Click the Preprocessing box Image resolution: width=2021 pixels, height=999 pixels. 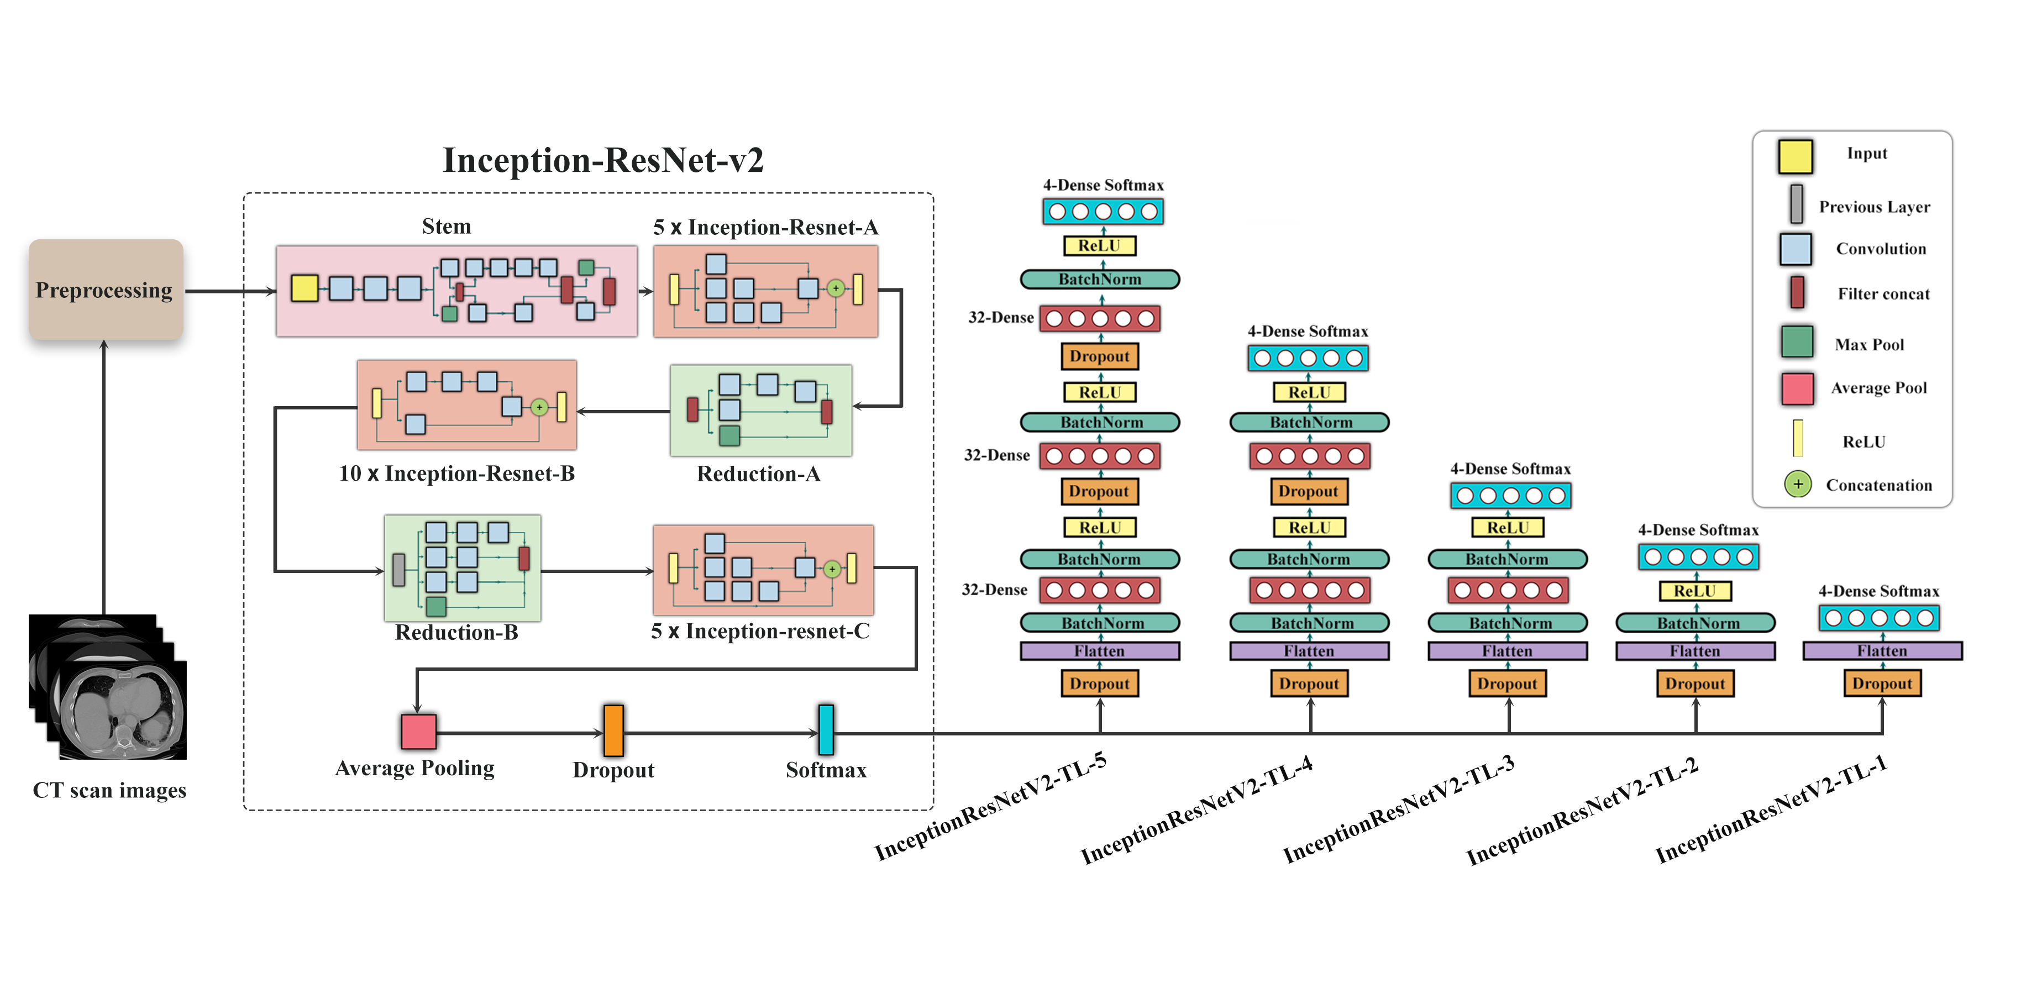pyautogui.click(x=105, y=290)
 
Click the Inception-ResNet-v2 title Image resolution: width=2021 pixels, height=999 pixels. pyautogui.click(x=602, y=160)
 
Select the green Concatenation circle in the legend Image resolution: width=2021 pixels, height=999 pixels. pyautogui.click(x=1797, y=484)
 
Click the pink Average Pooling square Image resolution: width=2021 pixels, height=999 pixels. pyautogui.click(x=418, y=732)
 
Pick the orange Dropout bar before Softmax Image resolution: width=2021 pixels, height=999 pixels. pyautogui.click(x=613, y=730)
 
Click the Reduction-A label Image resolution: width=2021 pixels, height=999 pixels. pyautogui.click(x=758, y=474)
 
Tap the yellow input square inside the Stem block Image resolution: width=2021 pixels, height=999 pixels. pyautogui.click(x=305, y=288)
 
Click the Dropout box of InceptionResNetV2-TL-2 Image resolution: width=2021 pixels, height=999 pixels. pyautogui.click(x=1694, y=684)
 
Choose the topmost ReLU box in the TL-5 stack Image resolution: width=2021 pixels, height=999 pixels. pyautogui.click(x=1099, y=245)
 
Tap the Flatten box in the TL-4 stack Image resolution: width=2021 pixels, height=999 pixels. pyautogui.click(x=1309, y=651)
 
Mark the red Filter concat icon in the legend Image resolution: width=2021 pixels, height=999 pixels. pyautogui.click(x=1797, y=292)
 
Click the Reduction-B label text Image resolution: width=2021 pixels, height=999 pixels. pyautogui.click(x=456, y=632)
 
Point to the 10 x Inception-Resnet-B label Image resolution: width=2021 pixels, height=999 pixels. pyautogui.click(x=456, y=474)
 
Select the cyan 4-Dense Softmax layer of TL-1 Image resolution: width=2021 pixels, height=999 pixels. pyautogui.click(x=1879, y=618)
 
